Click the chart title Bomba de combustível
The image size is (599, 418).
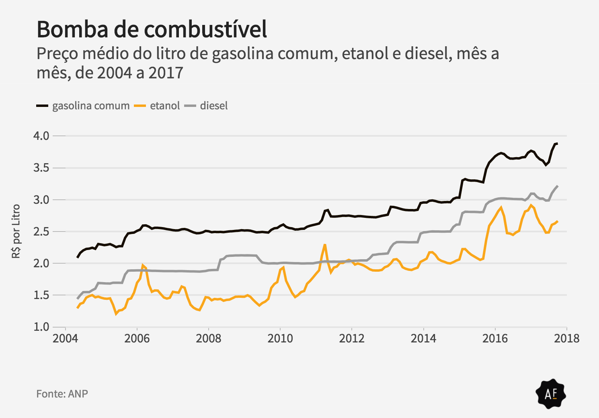click(x=152, y=29)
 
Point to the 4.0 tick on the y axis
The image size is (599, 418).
click(x=41, y=136)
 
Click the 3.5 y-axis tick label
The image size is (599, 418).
click(x=41, y=168)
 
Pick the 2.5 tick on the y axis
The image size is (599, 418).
click(x=41, y=232)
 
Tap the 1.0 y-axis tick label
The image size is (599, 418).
click(x=41, y=327)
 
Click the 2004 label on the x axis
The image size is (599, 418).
click(x=65, y=338)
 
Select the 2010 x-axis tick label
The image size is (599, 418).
click(x=280, y=338)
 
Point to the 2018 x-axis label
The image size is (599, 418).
click(x=567, y=338)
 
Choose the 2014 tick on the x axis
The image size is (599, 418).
click(x=423, y=338)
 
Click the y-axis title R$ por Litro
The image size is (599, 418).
click(x=16, y=231)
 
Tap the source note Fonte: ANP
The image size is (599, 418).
click(x=62, y=393)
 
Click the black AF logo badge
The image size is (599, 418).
click(x=551, y=394)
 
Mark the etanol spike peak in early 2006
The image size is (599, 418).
click(x=143, y=265)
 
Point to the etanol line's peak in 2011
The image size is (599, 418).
click(x=324, y=244)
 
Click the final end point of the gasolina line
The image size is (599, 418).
click(x=557, y=143)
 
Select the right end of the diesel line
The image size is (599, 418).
click(x=558, y=186)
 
